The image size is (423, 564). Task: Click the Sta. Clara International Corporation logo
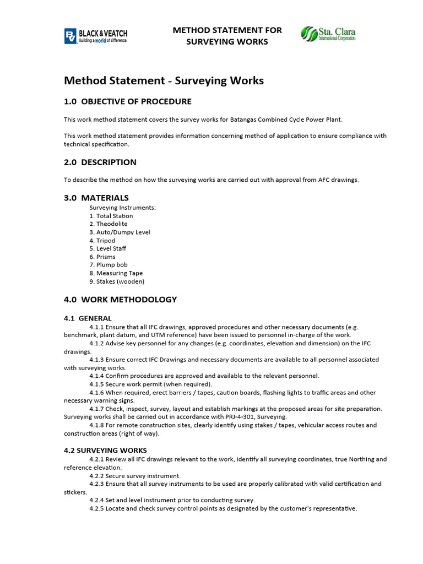(328, 34)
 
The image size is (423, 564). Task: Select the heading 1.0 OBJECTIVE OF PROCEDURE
(128, 101)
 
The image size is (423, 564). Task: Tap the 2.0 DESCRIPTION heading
(100, 162)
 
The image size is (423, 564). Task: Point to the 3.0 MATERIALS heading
(96, 198)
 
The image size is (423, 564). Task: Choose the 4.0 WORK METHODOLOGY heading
(121, 300)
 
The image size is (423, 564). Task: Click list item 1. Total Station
(111, 216)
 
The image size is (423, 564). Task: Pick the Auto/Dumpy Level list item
(120, 232)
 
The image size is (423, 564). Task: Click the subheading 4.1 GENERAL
(88, 318)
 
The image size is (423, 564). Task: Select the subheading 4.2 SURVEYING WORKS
(105, 451)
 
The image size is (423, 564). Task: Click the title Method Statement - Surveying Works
(164, 81)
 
